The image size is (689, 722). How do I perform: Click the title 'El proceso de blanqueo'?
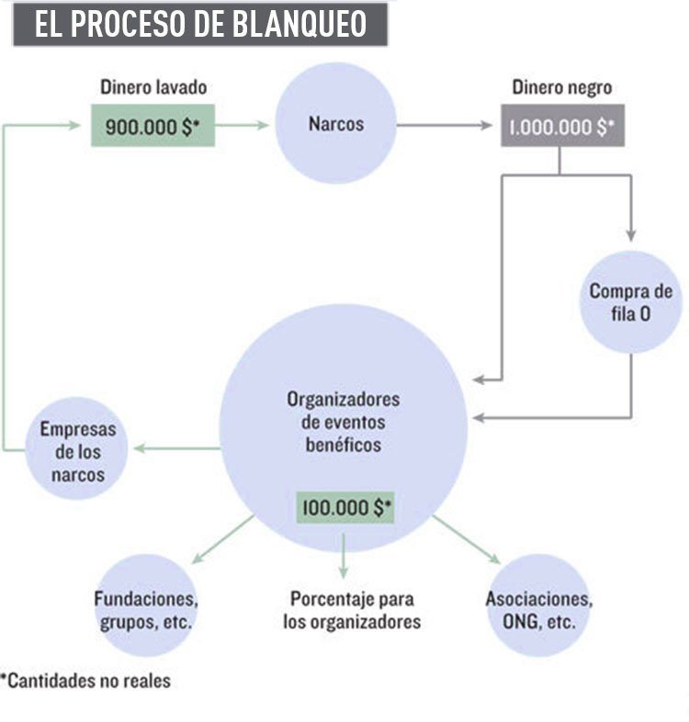pyautogui.click(x=199, y=25)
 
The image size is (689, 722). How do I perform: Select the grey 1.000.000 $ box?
pyautogui.click(x=562, y=127)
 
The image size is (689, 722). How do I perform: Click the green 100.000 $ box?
pyautogui.click(x=344, y=506)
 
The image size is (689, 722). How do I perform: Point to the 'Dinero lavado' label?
pyautogui.click(x=153, y=89)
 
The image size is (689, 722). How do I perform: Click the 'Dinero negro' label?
pyautogui.click(x=562, y=89)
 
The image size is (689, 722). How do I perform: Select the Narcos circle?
pyautogui.click(x=336, y=123)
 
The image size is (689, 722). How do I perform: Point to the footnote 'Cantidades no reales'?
pyautogui.click(x=85, y=682)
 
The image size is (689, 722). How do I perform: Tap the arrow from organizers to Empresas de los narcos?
pyautogui.click(x=179, y=448)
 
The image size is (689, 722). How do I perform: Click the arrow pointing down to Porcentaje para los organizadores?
pyautogui.click(x=344, y=556)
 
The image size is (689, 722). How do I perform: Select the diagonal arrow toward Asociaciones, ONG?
pyautogui.click(x=467, y=540)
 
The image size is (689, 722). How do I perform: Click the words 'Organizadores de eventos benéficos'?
pyautogui.click(x=344, y=423)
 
